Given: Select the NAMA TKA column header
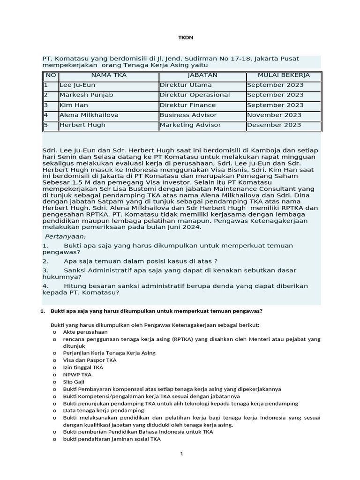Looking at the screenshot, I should tap(109, 75).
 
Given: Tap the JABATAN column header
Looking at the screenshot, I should tap(202, 75).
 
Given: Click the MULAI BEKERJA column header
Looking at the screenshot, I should tap(284, 75).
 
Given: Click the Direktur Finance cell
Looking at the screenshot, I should tap(187, 105).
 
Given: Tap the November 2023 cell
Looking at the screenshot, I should tap(275, 115).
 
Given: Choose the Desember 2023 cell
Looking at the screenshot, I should tap(274, 125).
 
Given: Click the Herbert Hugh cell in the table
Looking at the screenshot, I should tap(82, 125).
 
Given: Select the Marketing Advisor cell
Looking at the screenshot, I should tap(190, 125).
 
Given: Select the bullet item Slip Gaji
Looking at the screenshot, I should tap(74, 382).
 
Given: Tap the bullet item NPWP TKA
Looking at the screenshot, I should tap(77, 375).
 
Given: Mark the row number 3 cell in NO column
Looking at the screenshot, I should tap(46, 105).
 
